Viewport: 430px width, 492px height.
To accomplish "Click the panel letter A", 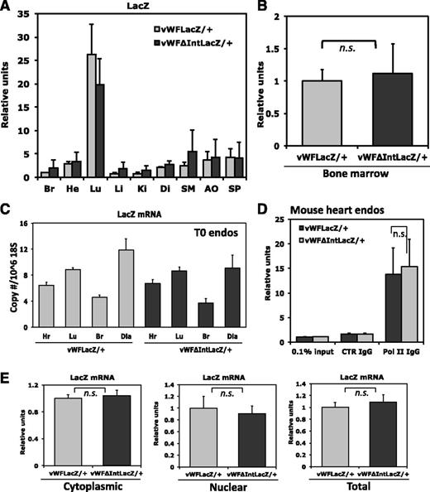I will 7,7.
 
